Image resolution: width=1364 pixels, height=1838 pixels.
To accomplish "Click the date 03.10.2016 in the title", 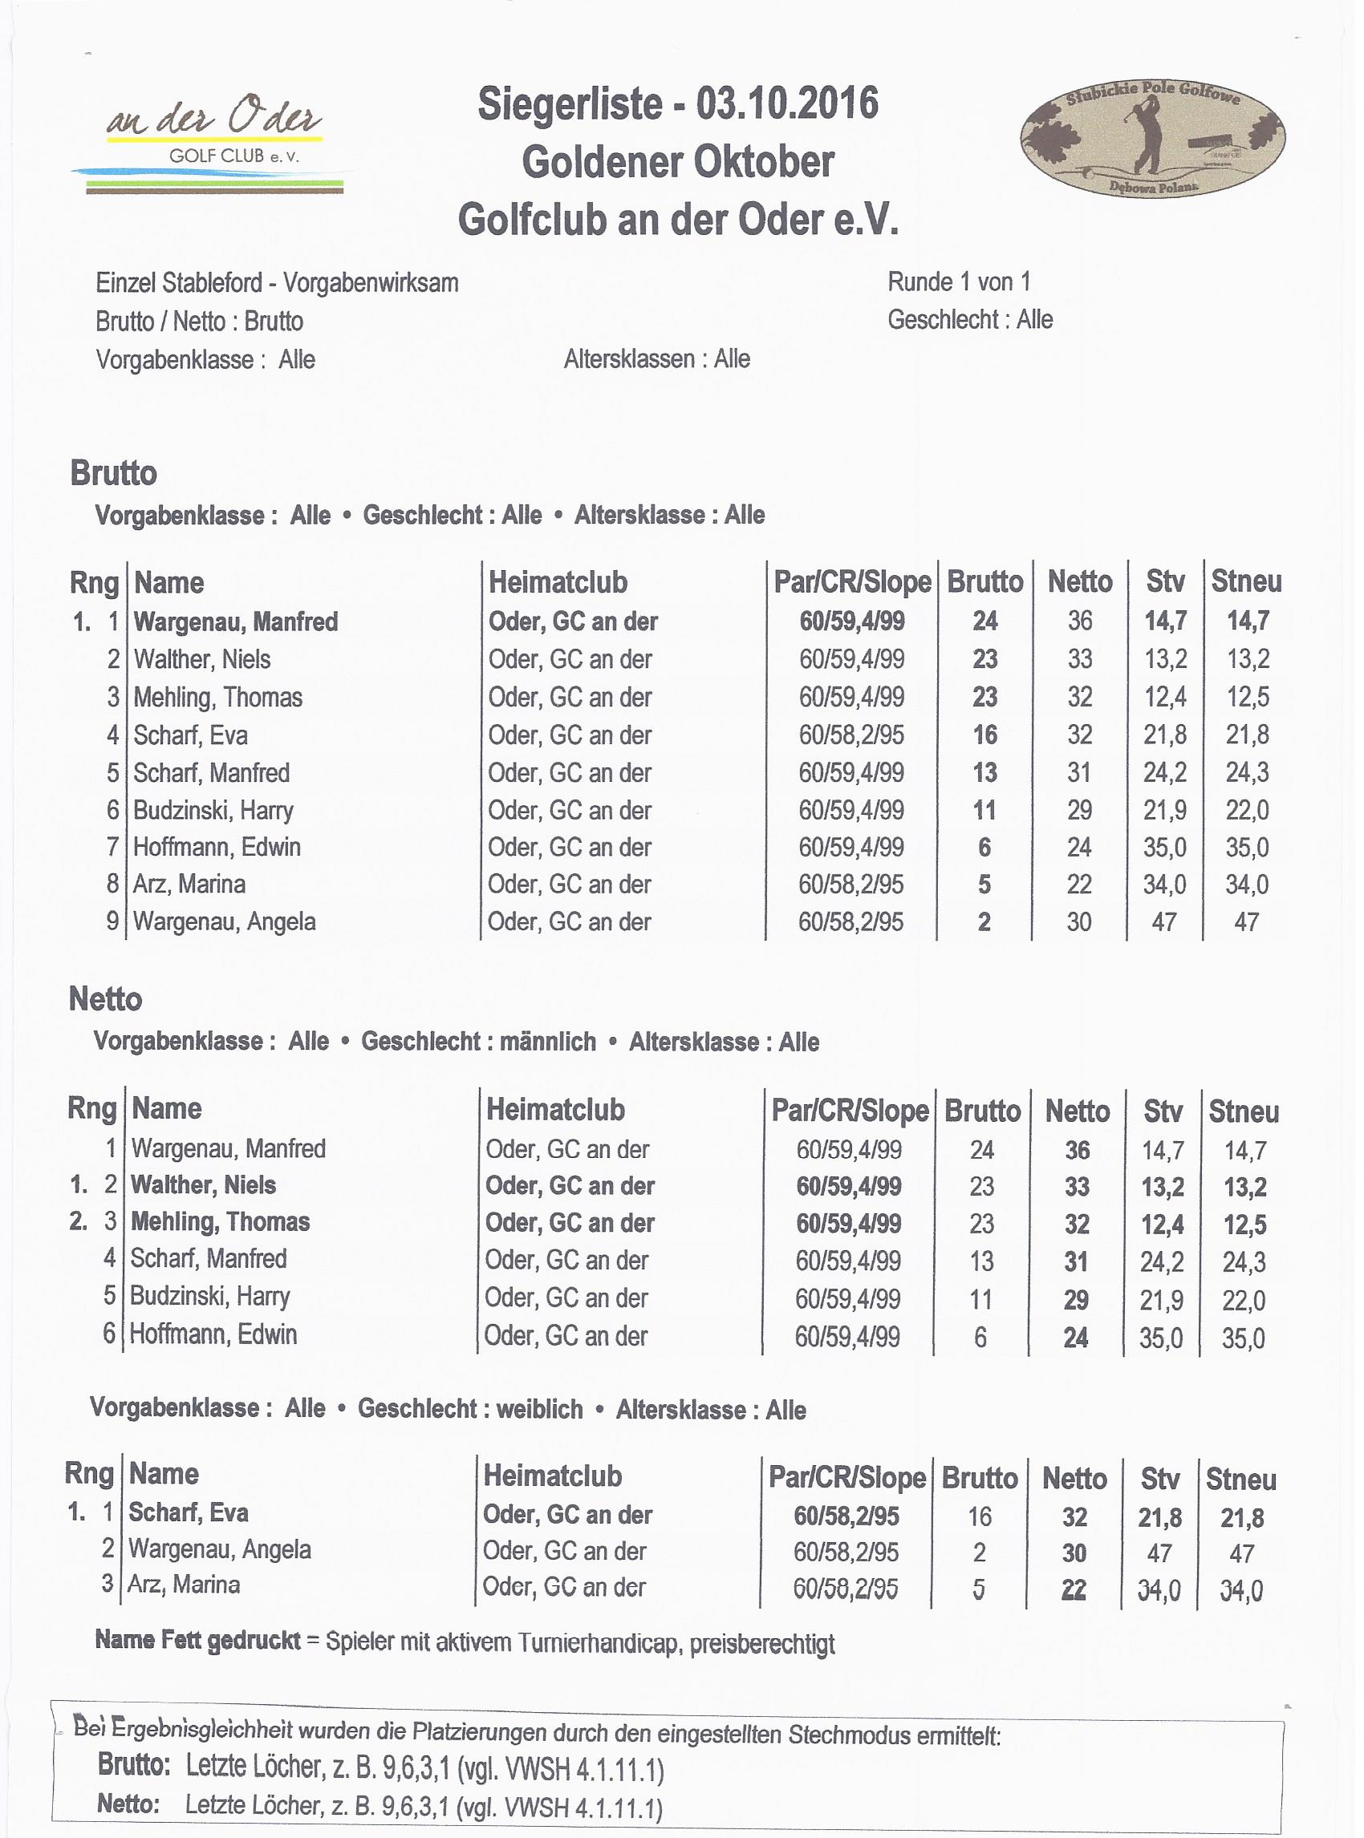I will coord(787,105).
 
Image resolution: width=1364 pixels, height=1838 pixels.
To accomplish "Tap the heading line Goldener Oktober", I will coord(678,162).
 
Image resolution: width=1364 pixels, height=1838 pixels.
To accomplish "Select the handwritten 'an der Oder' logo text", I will coord(215,118).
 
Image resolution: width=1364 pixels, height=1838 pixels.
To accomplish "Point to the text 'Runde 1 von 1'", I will coord(959,282).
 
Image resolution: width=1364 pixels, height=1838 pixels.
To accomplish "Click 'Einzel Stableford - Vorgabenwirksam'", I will coord(277,283).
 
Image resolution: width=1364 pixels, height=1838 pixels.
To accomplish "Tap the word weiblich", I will coord(540,1409).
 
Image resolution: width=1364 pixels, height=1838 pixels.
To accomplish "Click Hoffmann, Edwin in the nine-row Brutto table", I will coord(217,847).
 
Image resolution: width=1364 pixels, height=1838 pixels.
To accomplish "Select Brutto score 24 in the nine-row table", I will coord(984,621).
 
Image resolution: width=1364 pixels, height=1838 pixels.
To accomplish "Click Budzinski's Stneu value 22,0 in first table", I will coord(1247,811).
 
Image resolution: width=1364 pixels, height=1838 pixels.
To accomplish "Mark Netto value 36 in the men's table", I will coord(1077,1150).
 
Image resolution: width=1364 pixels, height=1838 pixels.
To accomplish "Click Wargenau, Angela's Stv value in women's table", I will coord(1159,1553).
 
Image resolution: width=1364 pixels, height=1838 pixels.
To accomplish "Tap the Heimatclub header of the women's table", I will coord(552,1476).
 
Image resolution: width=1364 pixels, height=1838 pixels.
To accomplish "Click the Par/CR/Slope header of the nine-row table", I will coord(852,583).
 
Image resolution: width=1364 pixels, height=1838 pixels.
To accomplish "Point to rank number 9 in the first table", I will coord(113,921).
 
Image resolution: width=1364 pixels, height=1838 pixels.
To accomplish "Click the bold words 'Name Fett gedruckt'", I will coord(197,1640).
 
